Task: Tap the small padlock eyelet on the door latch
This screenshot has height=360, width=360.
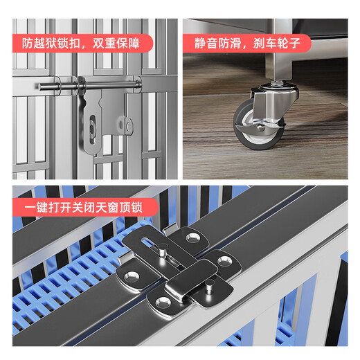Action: [129, 125]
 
